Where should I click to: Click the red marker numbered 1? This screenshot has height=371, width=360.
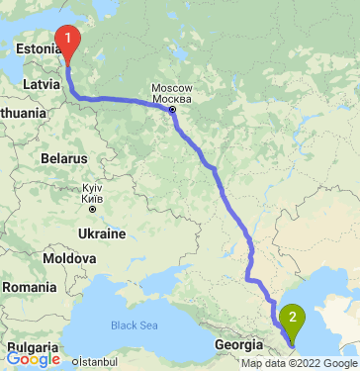[x=67, y=41]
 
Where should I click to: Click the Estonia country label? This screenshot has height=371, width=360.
[x=39, y=46]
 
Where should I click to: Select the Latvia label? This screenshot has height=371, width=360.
[x=41, y=84]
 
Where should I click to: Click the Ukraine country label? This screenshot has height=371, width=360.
[x=102, y=233]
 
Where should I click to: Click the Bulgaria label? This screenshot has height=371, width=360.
[x=32, y=347]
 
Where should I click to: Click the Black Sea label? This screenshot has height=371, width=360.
[x=134, y=325]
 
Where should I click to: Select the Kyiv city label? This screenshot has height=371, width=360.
[x=93, y=187]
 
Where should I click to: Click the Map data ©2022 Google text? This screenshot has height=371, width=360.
[x=300, y=364]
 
